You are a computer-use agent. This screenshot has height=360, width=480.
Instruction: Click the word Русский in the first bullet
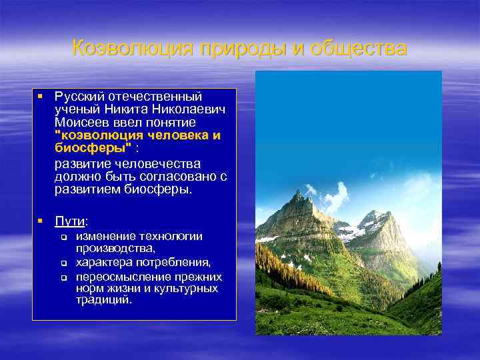point(79,97)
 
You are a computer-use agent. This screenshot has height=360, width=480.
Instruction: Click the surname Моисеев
point(81,123)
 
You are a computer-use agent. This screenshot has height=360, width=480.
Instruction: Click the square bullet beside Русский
point(41,97)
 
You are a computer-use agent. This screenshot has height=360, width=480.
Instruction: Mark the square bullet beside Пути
point(41,220)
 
